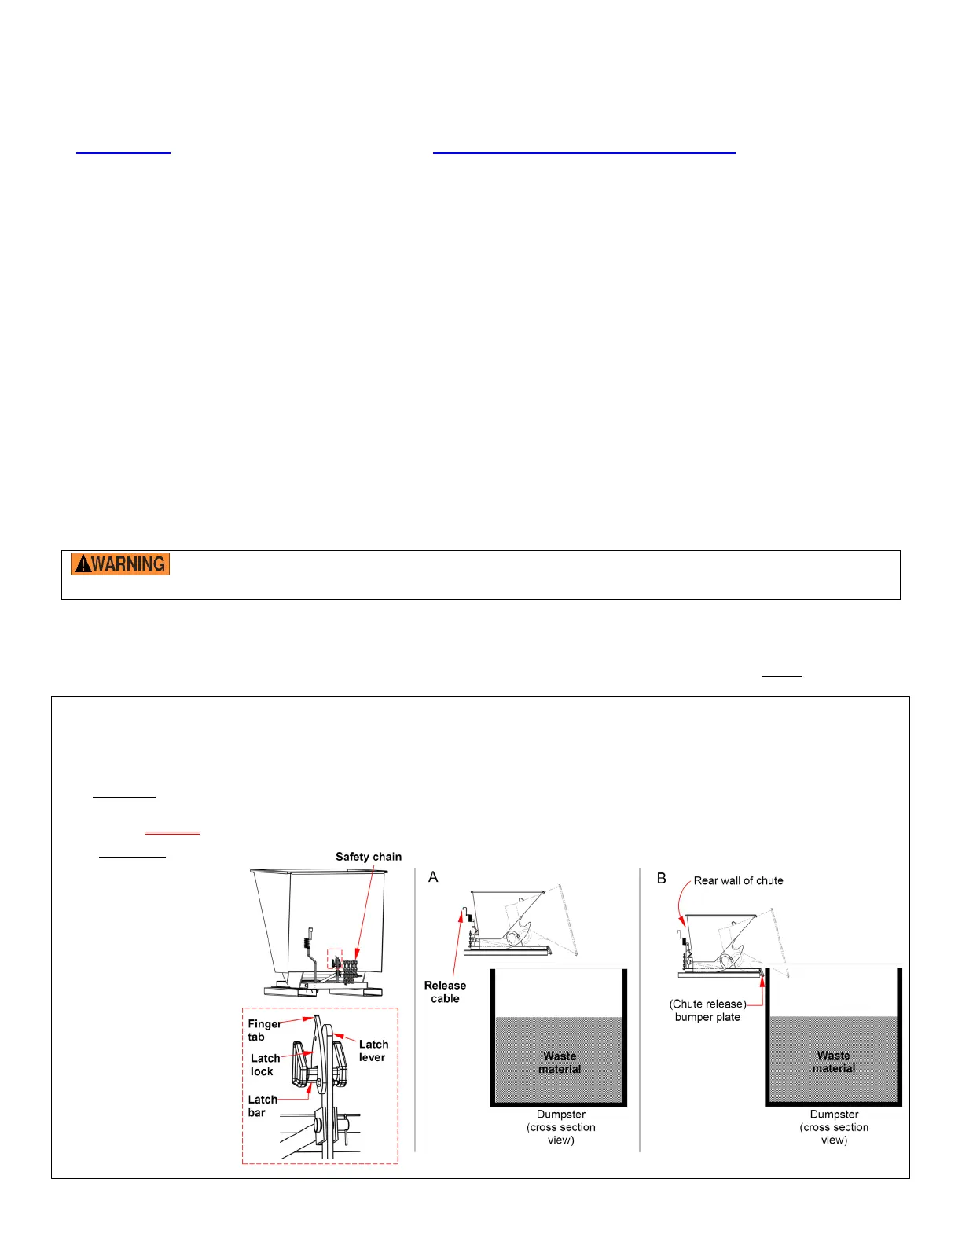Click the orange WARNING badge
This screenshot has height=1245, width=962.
coord(120,564)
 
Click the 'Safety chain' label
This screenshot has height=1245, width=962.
coord(368,857)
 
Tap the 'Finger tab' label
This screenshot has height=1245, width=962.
coord(263,1030)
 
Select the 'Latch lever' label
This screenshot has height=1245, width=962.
coord(373,1051)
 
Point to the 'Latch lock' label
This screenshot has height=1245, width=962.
coord(264,1065)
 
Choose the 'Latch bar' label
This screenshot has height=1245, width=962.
coord(262,1106)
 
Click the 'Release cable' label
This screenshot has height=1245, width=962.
coord(445,992)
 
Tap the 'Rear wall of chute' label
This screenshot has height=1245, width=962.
coord(738,881)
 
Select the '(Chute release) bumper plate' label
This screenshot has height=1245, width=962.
coord(707,1011)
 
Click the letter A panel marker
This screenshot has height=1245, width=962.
coord(433,877)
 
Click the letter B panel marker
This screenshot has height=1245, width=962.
coord(662,878)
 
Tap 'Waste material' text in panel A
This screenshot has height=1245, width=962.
coord(560,1063)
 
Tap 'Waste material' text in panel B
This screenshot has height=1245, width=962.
coord(833,1062)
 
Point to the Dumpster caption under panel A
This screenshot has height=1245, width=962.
coord(560,1127)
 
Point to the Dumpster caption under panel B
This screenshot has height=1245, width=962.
coord(834,1127)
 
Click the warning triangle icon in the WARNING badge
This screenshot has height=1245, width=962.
coord(82,564)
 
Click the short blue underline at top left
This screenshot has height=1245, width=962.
coord(123,152)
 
